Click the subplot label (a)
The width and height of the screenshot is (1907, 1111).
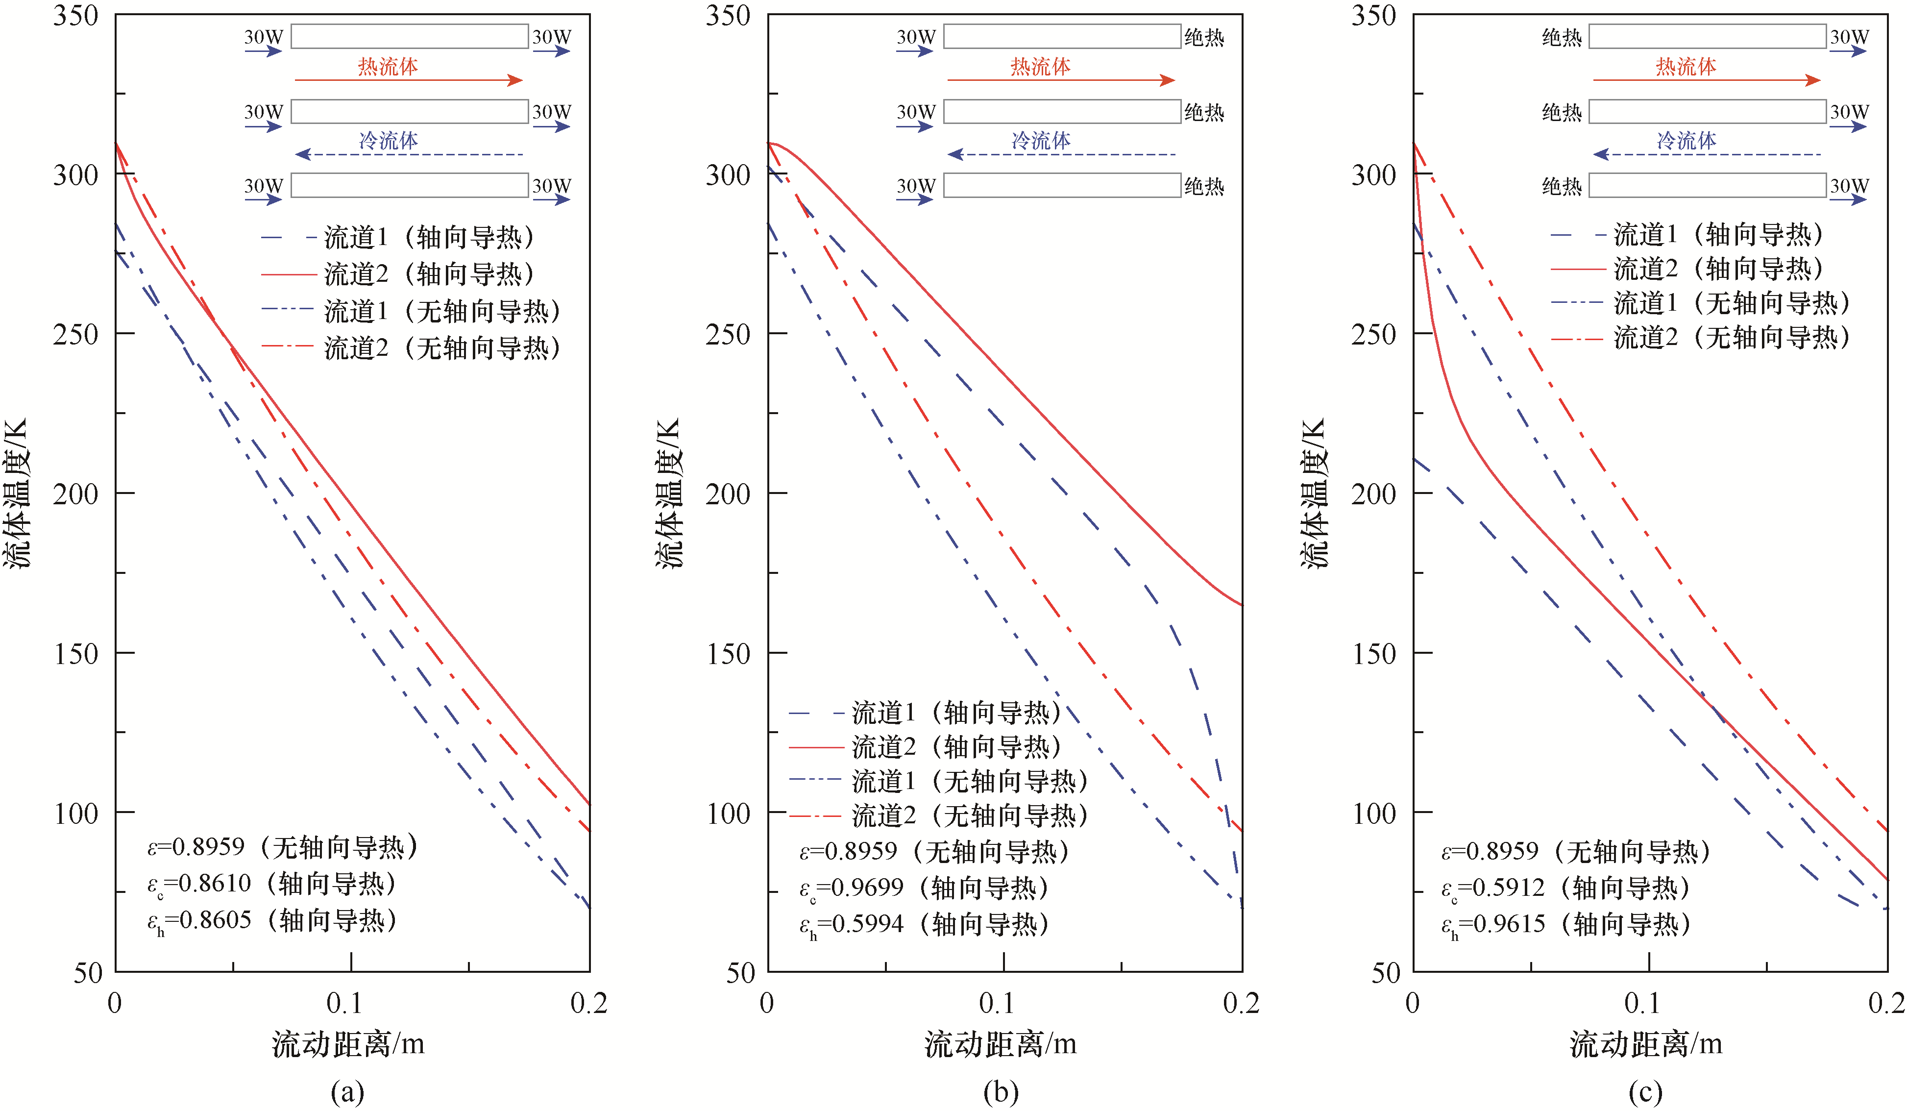click(347, 1091)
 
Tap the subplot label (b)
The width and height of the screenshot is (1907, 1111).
click(1001, 1091)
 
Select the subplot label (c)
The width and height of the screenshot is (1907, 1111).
click(1645, 1091)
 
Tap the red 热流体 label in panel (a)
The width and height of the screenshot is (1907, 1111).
click(388, 67)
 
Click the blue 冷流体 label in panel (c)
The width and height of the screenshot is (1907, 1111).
click(1686, 141)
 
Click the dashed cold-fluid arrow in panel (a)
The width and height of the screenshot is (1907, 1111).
click(409, 154)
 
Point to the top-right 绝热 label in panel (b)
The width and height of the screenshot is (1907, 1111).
click(1204, 37)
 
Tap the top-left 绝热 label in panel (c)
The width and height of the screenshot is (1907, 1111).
click(1562, 37)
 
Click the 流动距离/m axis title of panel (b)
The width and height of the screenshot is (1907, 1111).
click(1001, 1044)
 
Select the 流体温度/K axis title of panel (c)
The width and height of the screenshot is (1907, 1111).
click(1315, 492)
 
